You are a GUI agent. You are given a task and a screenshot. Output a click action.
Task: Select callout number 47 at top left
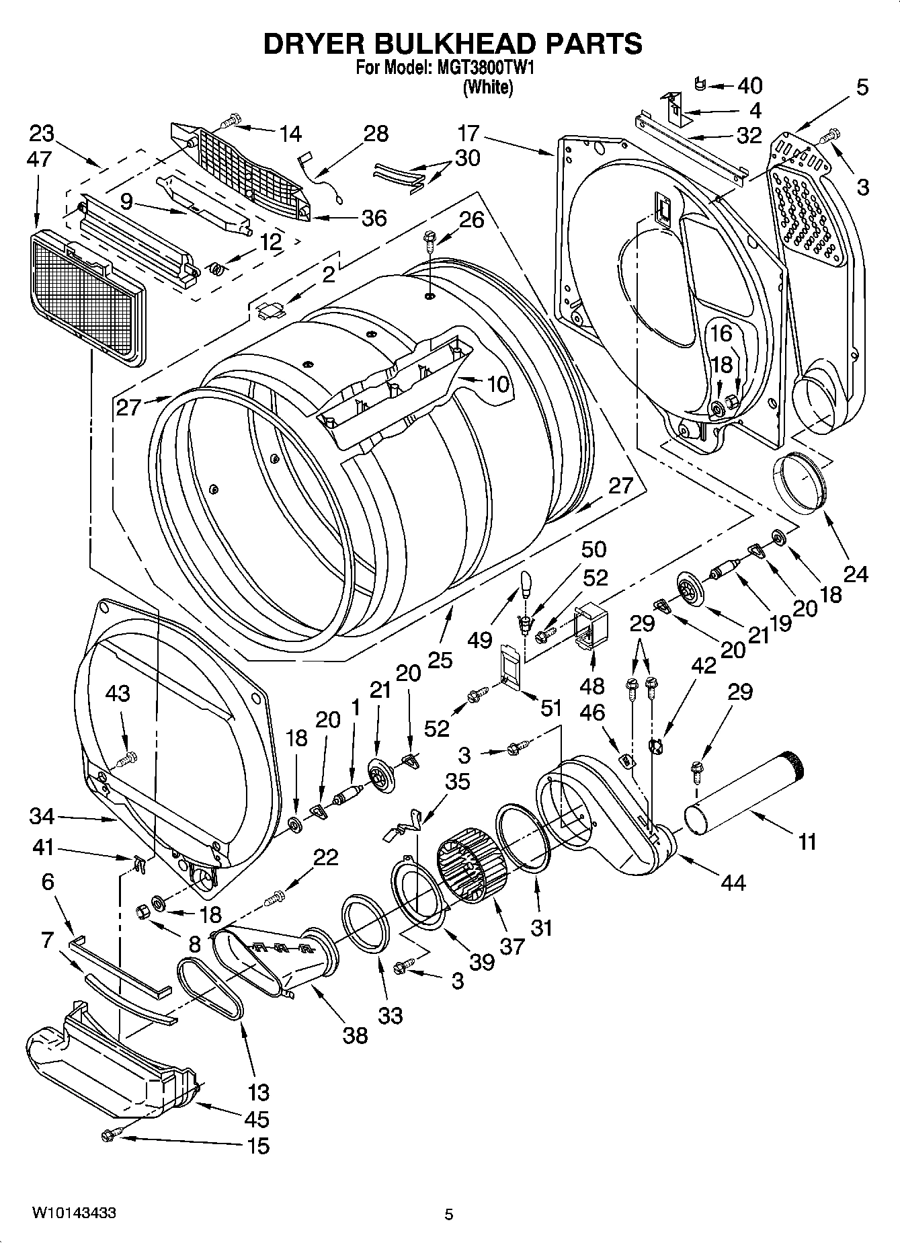(x=40, y=159)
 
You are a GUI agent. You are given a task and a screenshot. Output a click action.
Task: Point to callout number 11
(x=807, y=841)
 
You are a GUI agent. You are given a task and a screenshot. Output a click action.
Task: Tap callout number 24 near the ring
(x=856, y=573)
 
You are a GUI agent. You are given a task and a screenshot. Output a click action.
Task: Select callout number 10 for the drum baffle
(x=498, y=385)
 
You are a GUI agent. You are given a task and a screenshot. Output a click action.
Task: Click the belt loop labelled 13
(x=210, y=988)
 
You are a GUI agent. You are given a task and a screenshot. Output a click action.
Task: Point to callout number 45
(x=257, y=1119)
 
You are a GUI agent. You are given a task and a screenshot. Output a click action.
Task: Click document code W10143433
(x=74, y=1213)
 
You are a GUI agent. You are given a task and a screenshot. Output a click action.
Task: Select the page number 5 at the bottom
(x=448, y=1214)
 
